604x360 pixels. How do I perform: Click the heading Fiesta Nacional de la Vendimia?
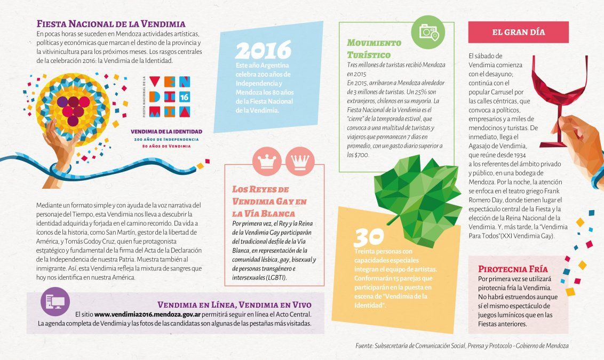tap(110, 24)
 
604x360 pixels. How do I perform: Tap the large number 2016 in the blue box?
tap(263, 51)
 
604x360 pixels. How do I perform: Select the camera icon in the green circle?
tap(428, 32)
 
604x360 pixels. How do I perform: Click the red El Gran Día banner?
tap(518, 32)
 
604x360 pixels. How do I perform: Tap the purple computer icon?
tap(55, 302)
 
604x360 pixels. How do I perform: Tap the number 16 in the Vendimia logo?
tap(184, 97)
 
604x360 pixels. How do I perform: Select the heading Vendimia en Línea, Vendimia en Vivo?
tap(234, 305)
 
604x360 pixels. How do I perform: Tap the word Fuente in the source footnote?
tap(366, 346)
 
